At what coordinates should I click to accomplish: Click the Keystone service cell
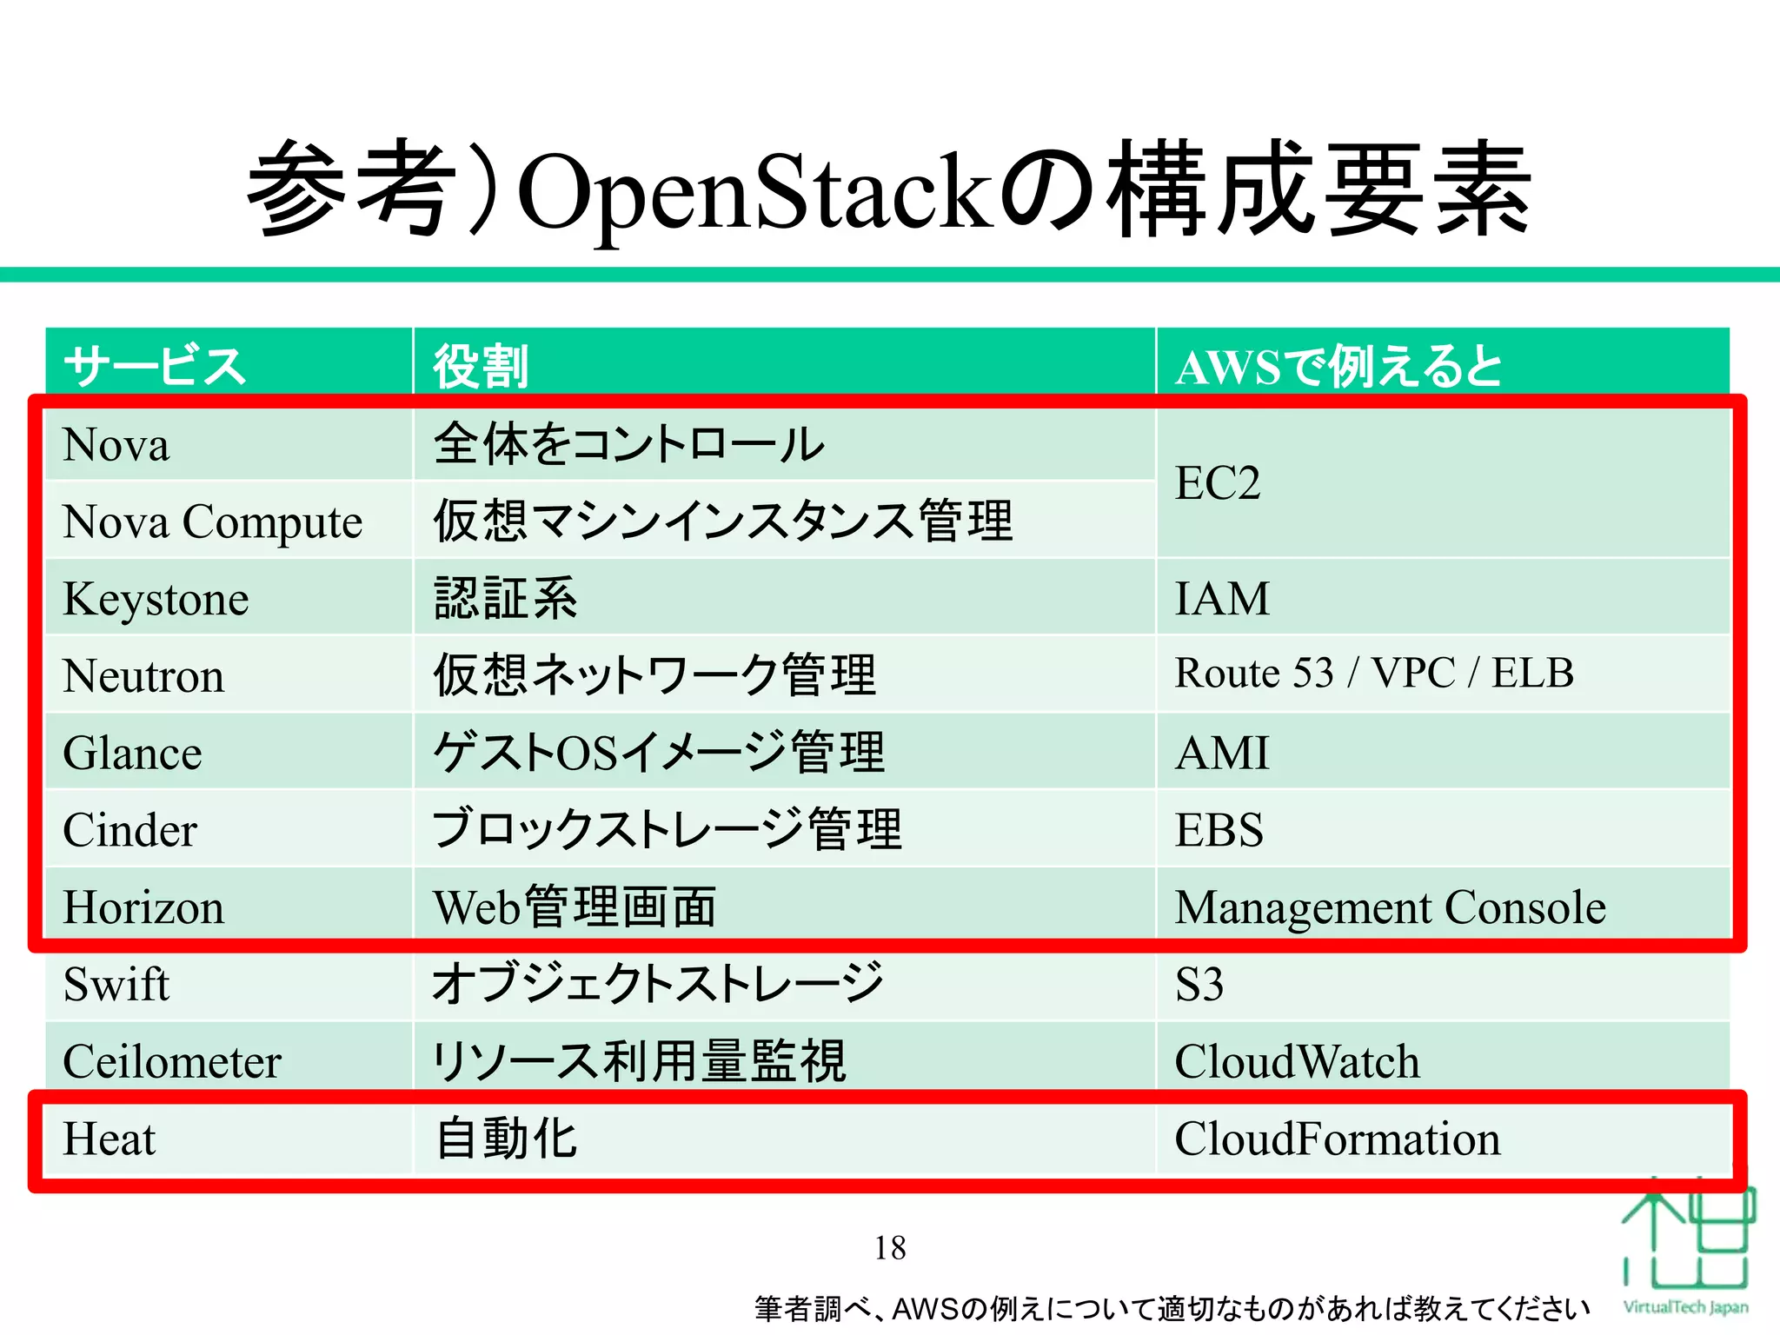(156, 599)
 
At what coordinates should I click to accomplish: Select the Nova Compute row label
(213, 521)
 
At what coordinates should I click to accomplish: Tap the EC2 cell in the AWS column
(1218, 483)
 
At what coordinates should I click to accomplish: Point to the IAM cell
(1222, 599)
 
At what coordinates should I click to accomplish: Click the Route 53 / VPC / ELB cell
(1374, 674)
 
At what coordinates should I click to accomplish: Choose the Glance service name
(133, 753)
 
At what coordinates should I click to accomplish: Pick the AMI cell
(1222, 753)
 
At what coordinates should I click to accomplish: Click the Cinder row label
(130, 830)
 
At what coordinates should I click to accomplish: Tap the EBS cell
(1219, 830)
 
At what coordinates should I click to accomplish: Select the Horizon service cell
(144, 907)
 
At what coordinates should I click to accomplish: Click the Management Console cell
(1391, 907)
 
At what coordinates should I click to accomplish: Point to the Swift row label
(116, 985)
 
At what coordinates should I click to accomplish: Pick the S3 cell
(1199, 985)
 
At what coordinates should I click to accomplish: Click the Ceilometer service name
(172, 1062)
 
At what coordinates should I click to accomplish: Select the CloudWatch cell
(1297, 1062)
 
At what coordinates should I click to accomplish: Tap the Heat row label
(110, 1139)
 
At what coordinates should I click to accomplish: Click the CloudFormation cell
(1338, 1139)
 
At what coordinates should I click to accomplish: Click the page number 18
(890, 1248)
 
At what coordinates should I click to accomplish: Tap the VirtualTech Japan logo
(1686, 1252)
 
